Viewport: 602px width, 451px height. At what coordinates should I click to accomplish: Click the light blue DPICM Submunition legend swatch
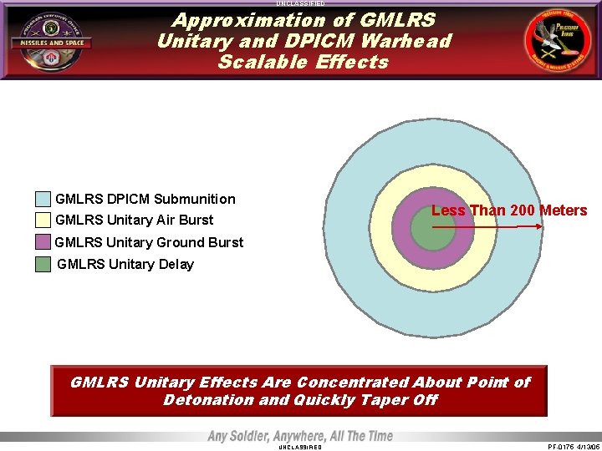pyautogui.click(x=43, y=200)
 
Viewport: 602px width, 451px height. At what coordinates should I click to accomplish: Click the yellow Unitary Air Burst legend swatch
pyautogui.click(x=43, y=220)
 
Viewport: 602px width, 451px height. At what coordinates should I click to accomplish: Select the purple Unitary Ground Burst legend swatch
pyautogui.click(x=43, y=242)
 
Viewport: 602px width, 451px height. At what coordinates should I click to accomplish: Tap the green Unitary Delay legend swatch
pyautogui.click(x=43, y=265)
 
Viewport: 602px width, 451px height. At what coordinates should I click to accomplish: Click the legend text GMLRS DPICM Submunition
pyautogui.click(x=145, y=199)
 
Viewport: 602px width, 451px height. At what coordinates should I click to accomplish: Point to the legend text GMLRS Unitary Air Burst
pyautogui.click(x=134, y=220)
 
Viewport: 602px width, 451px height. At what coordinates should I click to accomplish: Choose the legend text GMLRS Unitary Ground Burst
pyautogui.click(x=149, y=242)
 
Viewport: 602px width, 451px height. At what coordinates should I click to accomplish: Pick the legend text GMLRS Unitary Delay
pyautogui.click(x=125, y=264)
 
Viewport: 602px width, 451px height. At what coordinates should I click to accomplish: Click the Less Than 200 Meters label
pyautogui.click(x=508, y=210)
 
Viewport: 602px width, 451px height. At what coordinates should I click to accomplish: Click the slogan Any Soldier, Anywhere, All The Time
pyautogui.click(x=300, y=436)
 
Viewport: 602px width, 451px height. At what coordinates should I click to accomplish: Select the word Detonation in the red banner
pyautogui.click(x=209, y=400)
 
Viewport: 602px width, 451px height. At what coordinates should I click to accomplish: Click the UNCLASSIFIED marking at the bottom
pyautogui.click(x=299, y=447)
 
